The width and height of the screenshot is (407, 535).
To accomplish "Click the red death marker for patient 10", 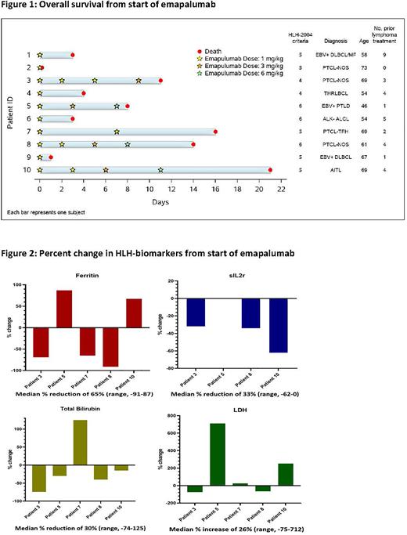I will (270, 169).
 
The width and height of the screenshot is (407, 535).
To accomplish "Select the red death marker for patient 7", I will (215, 131).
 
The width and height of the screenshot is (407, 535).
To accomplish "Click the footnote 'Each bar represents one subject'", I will (47, 212).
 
